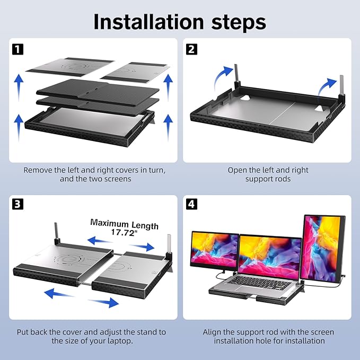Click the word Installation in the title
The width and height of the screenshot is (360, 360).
[x=148, y=22]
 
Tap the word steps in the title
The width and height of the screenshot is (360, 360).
[x=239, y=23]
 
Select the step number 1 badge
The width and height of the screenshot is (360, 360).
[x=17, y=49]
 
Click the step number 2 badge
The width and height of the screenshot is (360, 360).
[x=191, y=49]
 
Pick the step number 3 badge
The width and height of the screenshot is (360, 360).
[x=17, y=204]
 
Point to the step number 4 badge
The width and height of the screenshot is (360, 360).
[x=191, y=204]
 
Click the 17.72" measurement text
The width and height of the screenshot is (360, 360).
[x=124, y=233]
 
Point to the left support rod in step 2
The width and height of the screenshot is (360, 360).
[x=236, y=75]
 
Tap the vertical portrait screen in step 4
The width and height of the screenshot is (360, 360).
[x=324, y=249]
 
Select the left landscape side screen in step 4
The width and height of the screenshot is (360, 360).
[x=215, y=250]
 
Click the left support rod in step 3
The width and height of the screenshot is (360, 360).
[x=56, y=231]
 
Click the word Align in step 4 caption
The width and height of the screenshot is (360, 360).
[x=212, y=332]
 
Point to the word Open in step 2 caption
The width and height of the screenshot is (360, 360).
[x=237, y=171]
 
